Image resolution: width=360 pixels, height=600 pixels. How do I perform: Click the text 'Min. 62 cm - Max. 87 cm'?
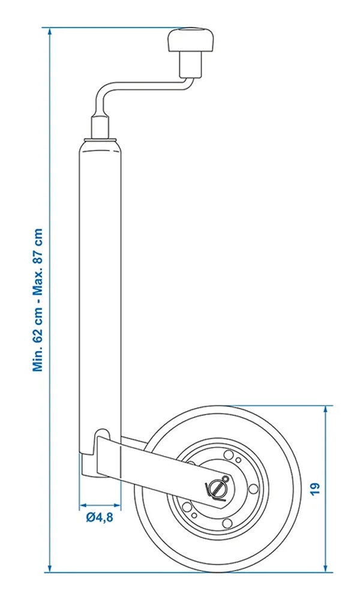pyautogui.click(x=39, y=300)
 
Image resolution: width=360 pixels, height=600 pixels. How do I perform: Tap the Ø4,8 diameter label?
pyautogui.click(x=99, y=517)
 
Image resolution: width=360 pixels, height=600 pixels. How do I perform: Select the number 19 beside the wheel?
pyautogui.click(x=316, y=487)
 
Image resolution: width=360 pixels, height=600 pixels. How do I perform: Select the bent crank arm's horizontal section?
pyautogui.click(x=150, y=89)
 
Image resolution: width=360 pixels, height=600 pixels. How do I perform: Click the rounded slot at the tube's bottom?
pyautogui.click(x=103, y=436)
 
